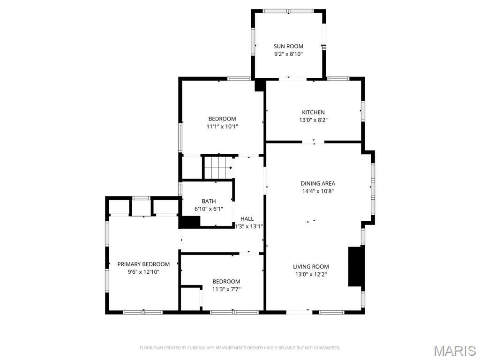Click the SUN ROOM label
point(288,46)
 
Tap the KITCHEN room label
point(313,112)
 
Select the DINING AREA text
point(318,184)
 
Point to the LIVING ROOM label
point(311,267)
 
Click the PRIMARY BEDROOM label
point(143,264)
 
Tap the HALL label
point(247,219)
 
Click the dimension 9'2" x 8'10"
point(288,54)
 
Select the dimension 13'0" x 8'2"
point(313,120)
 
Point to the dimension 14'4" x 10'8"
point(318,191)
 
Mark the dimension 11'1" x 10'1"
point(222,127)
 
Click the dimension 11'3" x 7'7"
point(226,289)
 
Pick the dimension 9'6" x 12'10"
point(143,272)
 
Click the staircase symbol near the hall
point(217,167)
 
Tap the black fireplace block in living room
point(356,266)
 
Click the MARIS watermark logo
point(455,351)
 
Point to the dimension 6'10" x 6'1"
point(209,209)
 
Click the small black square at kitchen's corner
point(259,85)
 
